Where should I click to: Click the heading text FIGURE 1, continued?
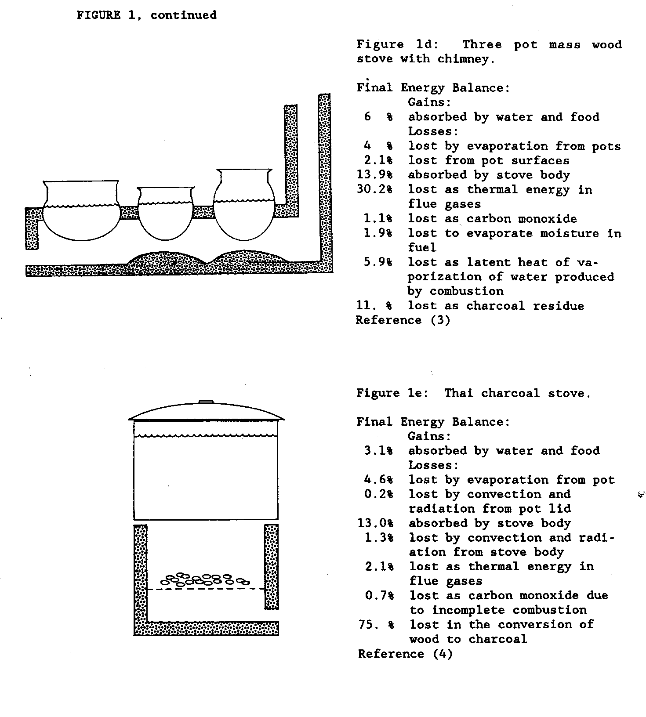tap(146, 15)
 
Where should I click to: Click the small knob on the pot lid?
tap(206, 402)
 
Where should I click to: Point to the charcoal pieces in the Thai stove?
tap(205, 579)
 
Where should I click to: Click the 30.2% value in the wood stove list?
tap(374, 189)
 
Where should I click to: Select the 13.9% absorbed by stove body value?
tap(374, 175)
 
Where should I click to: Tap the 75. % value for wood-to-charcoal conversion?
tap(376, 624)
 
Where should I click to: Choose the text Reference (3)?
tap(403, 320)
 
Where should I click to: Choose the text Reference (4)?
tap(405, 654)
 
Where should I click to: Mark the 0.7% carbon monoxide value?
tap(379, 596)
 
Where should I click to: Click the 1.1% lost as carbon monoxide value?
tap(378, 218)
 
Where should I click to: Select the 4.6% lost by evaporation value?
tap(378, 480)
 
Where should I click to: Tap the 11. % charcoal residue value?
tap(374, 306)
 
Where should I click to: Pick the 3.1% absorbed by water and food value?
tap(378, 451)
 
